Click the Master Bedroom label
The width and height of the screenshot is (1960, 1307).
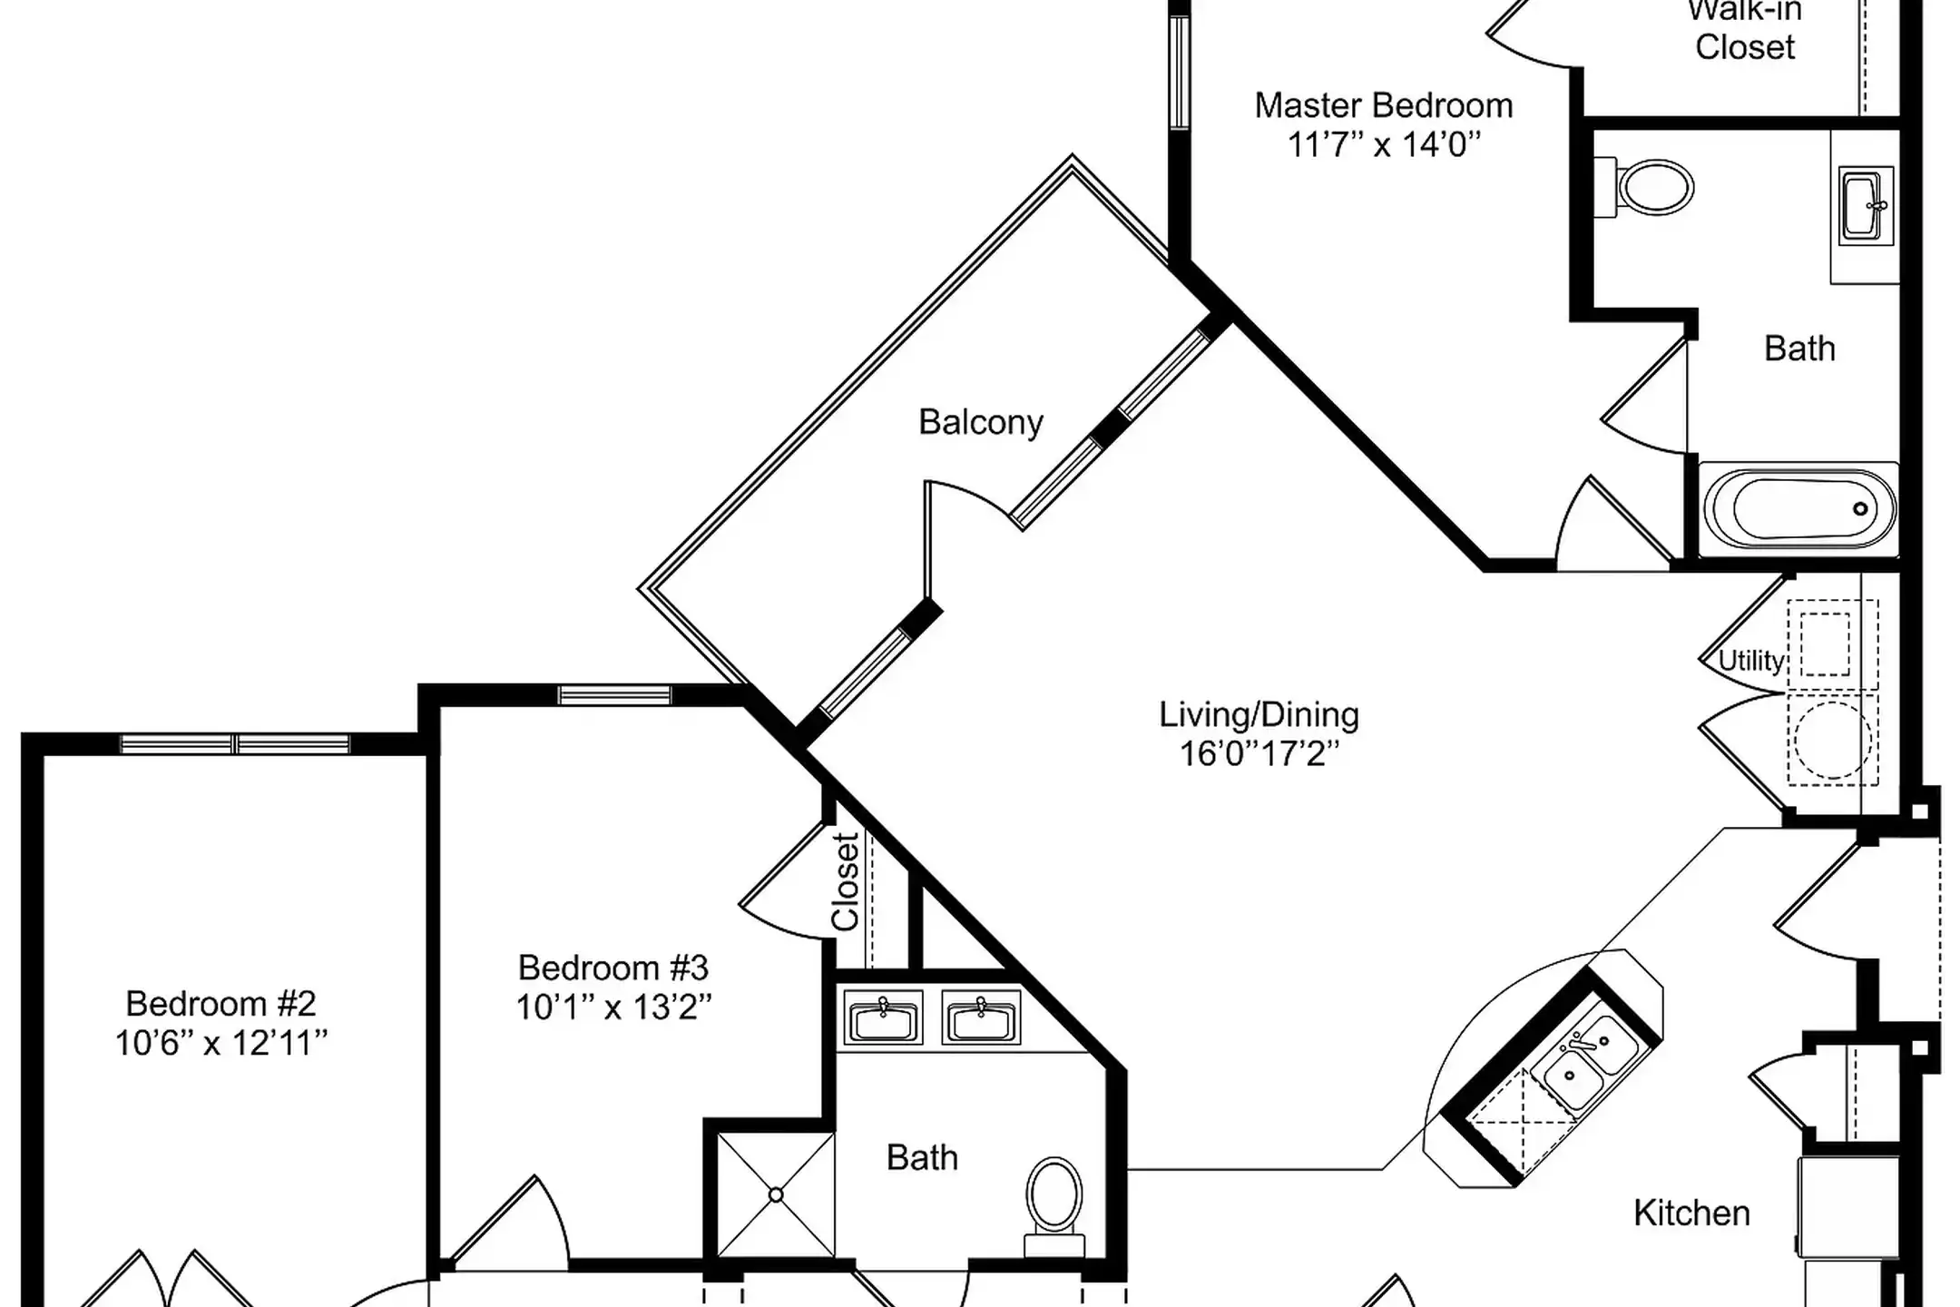point(1384,106)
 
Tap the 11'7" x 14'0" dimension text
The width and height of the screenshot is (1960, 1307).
point(1384,145)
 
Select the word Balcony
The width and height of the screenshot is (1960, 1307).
point(981,423)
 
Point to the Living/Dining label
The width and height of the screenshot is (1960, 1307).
point(1259,715)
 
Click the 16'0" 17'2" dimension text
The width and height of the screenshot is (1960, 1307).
point(1259,754)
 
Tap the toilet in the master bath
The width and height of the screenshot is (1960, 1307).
point(1643,188)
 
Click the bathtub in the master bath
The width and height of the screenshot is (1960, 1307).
point(1799,508)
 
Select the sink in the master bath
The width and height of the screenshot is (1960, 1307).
point(1866,206)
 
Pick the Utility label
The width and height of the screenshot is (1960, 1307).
point(1751,661)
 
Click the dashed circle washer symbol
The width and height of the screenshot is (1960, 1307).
point(1832,739)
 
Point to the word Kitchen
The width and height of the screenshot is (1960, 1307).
point(1691,1214)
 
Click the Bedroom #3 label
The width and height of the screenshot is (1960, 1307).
point(613,968)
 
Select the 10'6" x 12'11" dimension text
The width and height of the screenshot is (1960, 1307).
point(221,1044)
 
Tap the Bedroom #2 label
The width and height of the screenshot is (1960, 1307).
point(221,1004)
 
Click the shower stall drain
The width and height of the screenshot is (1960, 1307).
point(776,1195)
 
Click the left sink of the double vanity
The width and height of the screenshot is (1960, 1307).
point(883,1017)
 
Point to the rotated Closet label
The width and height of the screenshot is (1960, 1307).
point(846,882)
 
